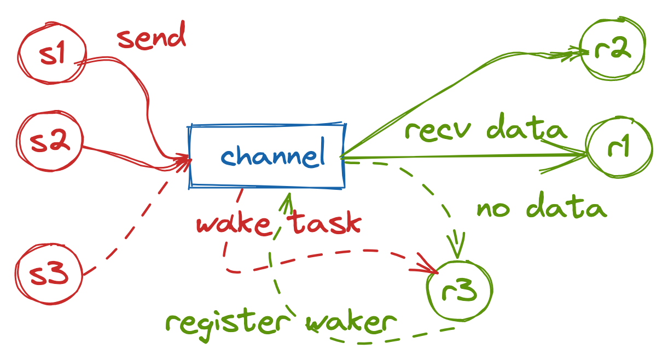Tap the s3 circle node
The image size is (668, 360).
(49, 272)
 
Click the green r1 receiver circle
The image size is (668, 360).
(619, 148)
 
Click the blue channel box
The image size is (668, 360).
(267, 157)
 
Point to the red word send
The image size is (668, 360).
(152, 39)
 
